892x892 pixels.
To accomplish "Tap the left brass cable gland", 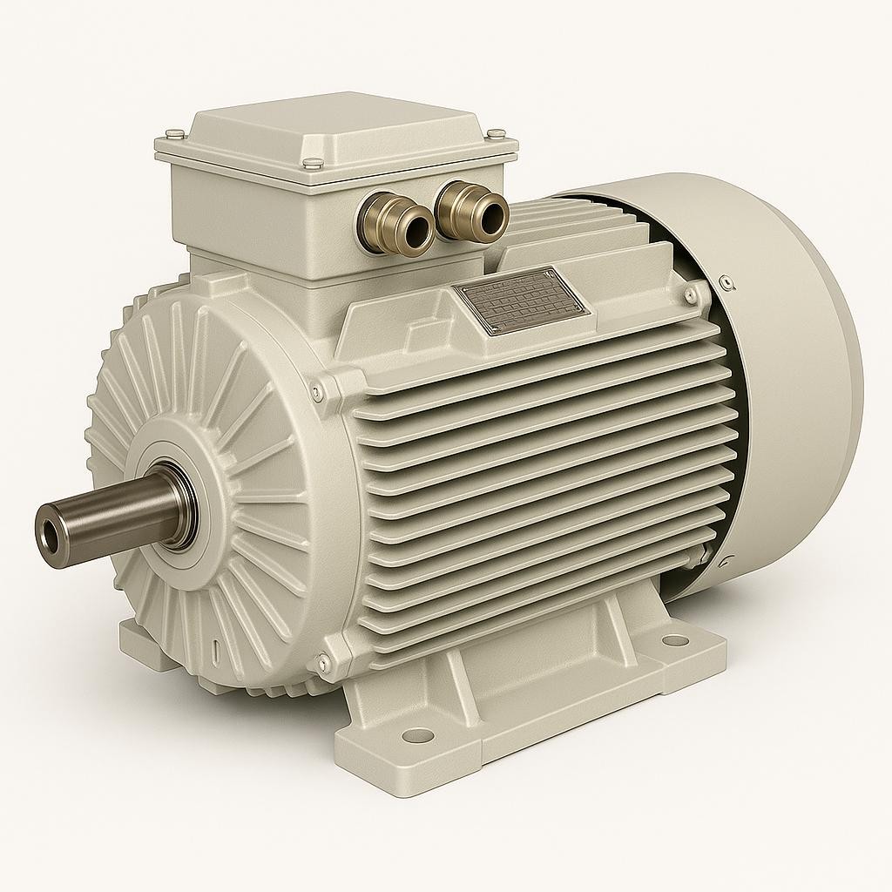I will pyautogui.click(x=396, y=222).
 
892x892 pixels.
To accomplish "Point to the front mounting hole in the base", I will pyautogui.click(x=418, y=735).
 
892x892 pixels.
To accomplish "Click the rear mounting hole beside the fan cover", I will pyautogui.click(x=674, y=641).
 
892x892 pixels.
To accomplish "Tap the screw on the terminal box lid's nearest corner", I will pyautogui.click(x=312, y=163).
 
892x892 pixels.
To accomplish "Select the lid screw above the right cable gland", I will pyautogui.click(x=496, y=133).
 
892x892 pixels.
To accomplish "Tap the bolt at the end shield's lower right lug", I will pyautogui.click(x=323, y=664).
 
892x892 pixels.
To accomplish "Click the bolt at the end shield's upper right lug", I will pyautogui.click(x=317, y=394).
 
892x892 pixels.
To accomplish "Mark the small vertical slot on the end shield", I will pyautogui.click(x=215, y=651).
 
